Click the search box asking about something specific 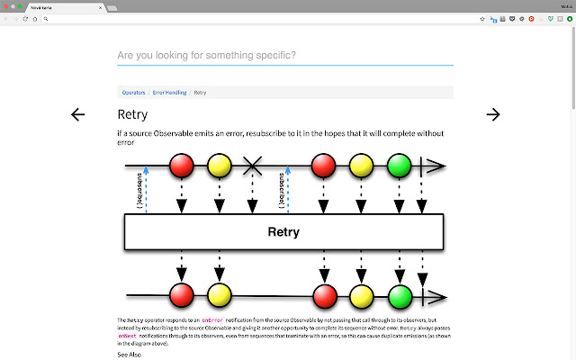(x=284, y=56)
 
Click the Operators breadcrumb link (x=133, y=93)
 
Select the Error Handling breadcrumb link (x=170, y=93)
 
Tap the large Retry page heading (x=132, y=114)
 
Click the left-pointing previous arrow (x=78, y=114)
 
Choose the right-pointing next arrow (x=492, y=114)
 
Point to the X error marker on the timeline (x=254, y=166)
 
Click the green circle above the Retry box (x=400, y=166)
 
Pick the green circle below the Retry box (x=400, y=294)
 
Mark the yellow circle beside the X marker (x=220, y=166)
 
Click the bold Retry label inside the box (x=283, y=232)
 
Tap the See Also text (x=129, y=355)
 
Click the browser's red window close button (x=6, y=6)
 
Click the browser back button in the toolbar (x=6, y=18)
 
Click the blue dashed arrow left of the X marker (x=145, y=189)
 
